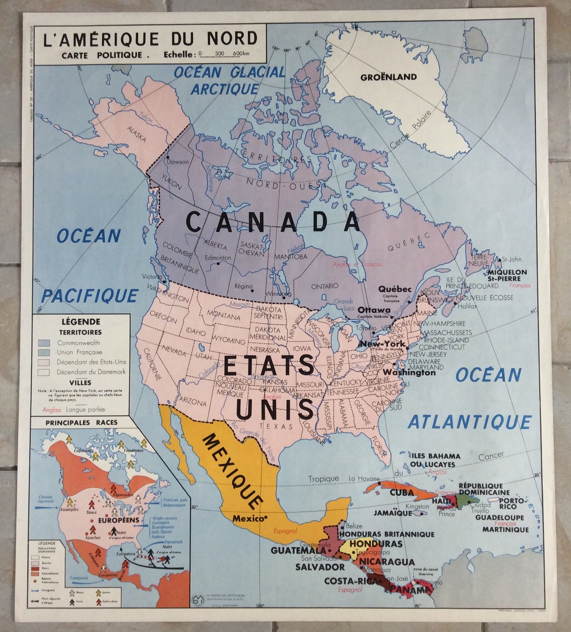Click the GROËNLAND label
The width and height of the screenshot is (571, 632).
388,77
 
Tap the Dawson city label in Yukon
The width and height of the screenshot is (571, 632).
178,162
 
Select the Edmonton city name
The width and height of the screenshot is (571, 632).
218,258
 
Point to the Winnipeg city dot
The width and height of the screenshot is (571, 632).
284,297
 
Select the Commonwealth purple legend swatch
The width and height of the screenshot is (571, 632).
44,343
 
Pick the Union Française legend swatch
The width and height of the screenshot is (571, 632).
44,352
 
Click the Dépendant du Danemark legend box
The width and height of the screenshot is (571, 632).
44,372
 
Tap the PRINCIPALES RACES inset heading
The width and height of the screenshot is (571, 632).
82,423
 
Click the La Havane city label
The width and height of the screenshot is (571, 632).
364,479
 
